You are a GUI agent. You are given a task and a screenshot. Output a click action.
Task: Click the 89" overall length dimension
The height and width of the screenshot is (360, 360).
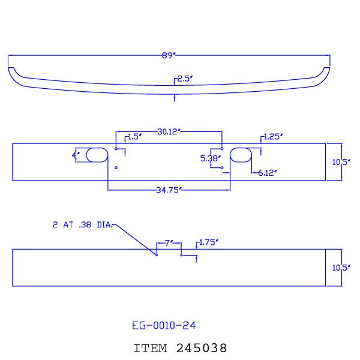[169, 56]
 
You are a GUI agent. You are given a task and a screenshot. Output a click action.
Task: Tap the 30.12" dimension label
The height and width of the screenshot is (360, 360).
[169, 131]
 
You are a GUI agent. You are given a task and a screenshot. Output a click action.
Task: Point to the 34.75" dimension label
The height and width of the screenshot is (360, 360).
[169, 190]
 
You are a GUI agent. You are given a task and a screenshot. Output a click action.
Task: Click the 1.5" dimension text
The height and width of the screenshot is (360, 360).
[134, 137]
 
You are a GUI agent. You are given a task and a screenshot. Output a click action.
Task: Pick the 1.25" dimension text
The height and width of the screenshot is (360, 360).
[273, 137]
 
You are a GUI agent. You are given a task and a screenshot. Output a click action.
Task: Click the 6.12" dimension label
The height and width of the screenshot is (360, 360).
[268, 173]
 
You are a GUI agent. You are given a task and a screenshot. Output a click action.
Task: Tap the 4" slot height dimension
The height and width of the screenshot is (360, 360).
[76, 155]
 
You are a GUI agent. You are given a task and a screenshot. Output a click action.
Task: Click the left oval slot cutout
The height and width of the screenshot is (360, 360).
[96, 155]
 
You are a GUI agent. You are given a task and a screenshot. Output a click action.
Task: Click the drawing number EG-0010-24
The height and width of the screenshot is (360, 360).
[163, 326]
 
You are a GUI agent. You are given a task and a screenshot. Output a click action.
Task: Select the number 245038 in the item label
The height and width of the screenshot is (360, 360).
[202, 347]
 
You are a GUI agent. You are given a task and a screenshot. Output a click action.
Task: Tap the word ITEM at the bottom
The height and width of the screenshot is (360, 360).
[151, 347]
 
